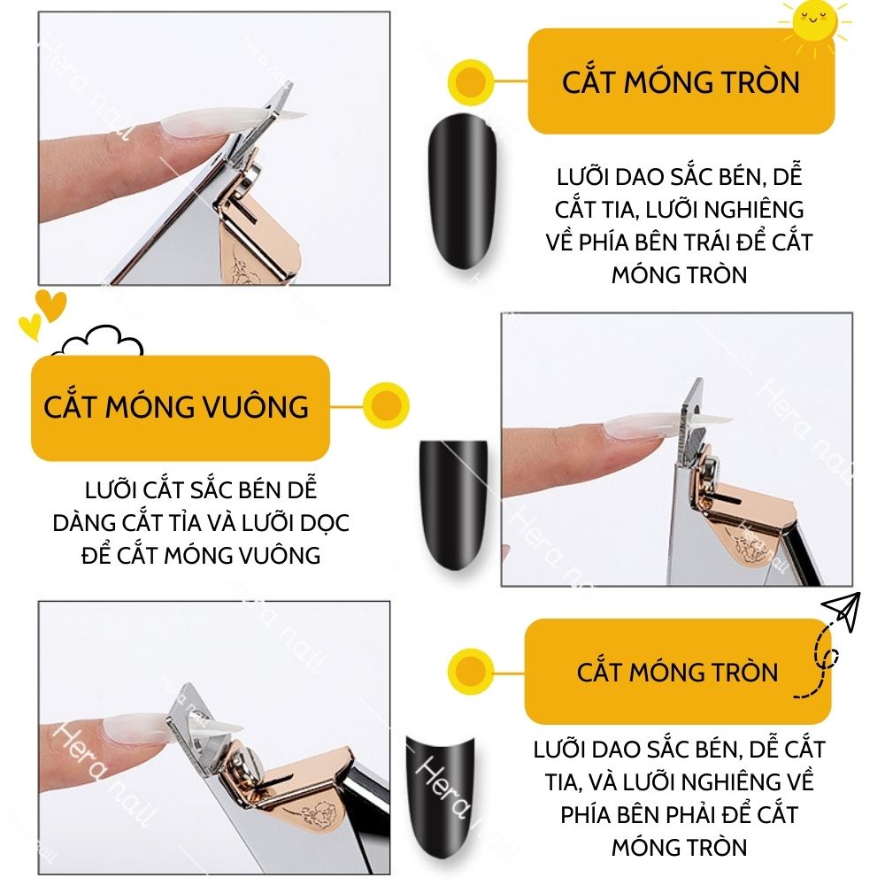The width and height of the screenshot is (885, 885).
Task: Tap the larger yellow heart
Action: click(50, 305)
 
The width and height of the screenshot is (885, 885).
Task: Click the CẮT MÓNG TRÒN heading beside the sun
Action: click(681, 82)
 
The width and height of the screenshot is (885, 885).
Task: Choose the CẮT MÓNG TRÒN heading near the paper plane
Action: click(677, 672)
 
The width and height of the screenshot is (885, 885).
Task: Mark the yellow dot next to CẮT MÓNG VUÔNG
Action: click(385, 406)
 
